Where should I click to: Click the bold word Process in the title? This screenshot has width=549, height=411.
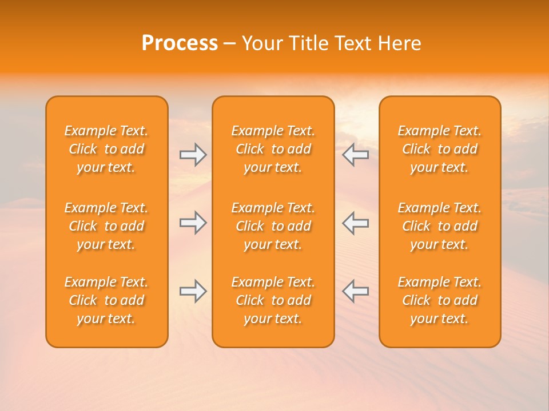pyautogui.click(x=180, y=43)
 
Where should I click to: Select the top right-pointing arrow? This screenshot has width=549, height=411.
pyautogui.click(x=193, y=155)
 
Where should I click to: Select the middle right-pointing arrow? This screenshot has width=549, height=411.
pyautogui.click(x=193, y=223)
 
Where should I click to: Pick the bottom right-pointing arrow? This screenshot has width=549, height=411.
pyautogui.click(x=193, y=291)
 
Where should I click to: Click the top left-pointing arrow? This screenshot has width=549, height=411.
pyautogui.click(x=355, y=155)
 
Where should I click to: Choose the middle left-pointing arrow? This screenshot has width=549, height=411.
pyautogui.click(x=355, y=223)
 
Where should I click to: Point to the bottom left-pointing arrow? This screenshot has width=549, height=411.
pyautogui.click(x=355, y=291)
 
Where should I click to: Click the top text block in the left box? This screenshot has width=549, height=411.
pyautogui.click(x=106, y=149)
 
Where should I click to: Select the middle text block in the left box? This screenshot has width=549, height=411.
pyautogui.click(x=106, y=226)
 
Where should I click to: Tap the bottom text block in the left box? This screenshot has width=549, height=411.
pyautogui.click(x=106, y=300)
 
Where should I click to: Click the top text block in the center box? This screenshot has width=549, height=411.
pyautogui.click(x=273, y=149)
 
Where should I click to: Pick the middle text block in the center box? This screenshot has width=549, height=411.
pyautogui.click(x=273, y=226)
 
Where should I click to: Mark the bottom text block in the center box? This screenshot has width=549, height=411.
pyautogui.click(x=273, y=300)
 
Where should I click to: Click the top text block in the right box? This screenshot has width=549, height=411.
pyautogui.click(x=440, y=149)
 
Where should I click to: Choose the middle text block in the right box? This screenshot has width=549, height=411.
pyautogui.click(x=440, y=226)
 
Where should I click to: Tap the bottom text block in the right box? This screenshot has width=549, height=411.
pyautogui.click(x=440, y=300)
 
